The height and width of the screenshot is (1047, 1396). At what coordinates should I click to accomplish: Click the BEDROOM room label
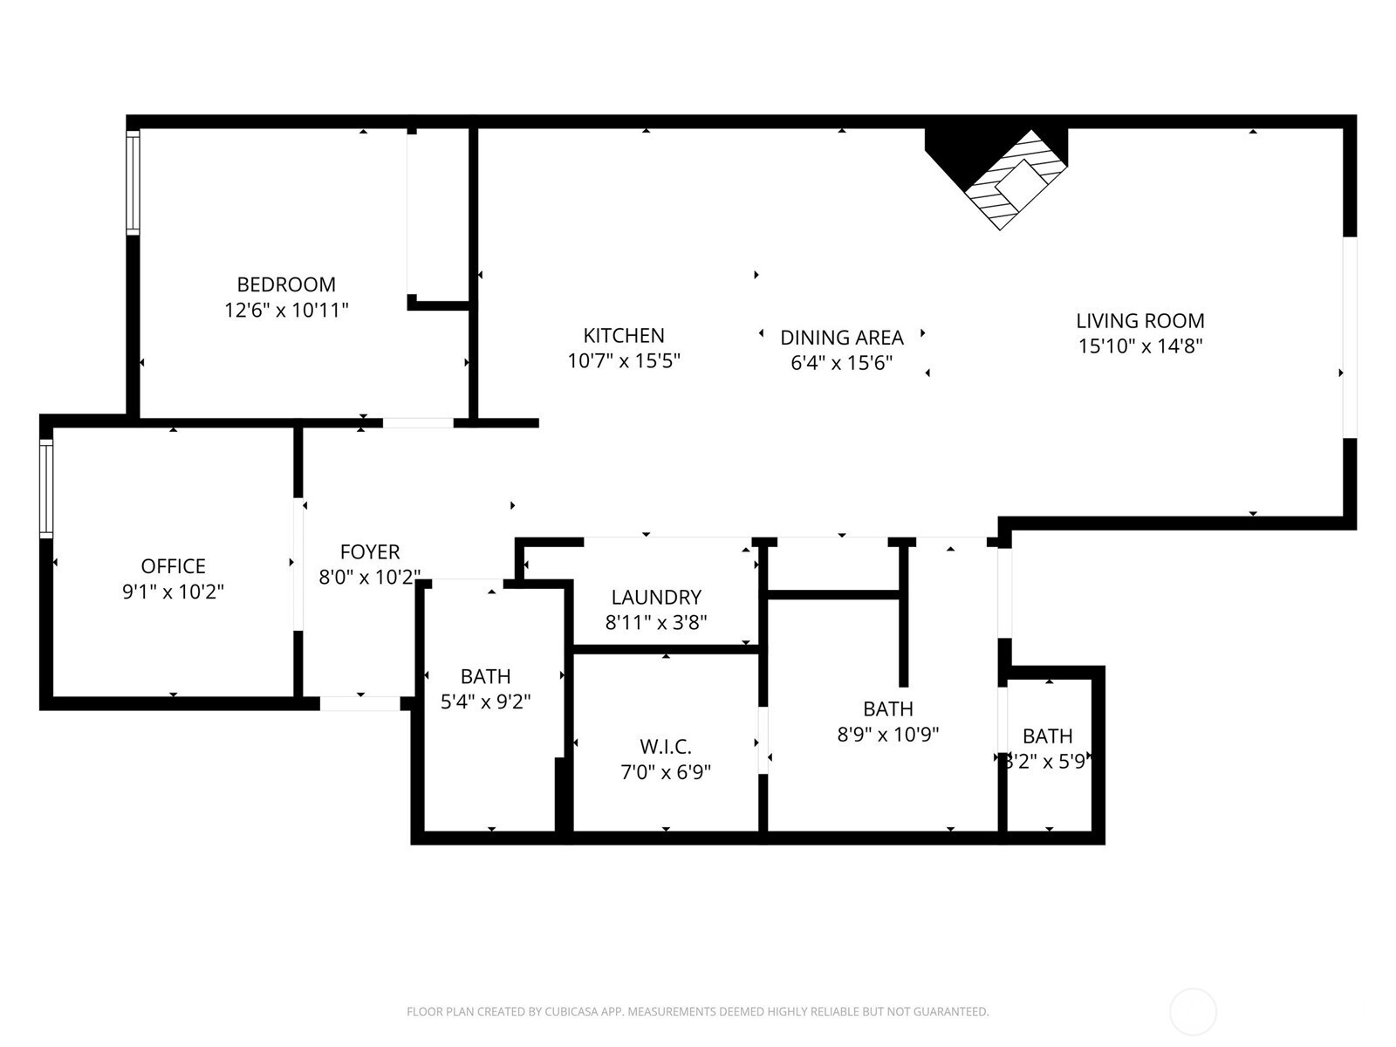[x=286, y=284]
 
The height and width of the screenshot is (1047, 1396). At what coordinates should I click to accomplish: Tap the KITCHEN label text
[x=624, y=336]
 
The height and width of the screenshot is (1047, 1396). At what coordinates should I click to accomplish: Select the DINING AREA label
[x=842, y=338]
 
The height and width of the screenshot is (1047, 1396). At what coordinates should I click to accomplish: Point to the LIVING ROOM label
[x=1140, y=320]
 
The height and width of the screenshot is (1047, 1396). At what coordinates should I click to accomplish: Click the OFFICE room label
[x=173, y=565]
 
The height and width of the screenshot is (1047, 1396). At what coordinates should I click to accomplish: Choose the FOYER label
[x=370, y=551]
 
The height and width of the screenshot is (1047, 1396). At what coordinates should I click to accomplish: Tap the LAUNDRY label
[x=656, y=597]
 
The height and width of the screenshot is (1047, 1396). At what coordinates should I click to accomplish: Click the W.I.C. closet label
[x=666, y=746]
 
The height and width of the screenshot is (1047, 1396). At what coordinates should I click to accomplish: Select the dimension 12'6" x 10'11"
[x=287, y=311]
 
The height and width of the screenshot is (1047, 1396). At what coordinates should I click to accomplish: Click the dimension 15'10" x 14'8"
[x=1140, y=346]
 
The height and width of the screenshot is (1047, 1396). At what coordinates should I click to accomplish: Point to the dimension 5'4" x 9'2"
[x=486, y=701]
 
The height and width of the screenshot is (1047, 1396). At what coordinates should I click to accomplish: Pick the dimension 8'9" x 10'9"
[x=888, y=735]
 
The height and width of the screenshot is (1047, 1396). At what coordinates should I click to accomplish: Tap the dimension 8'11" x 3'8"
[x=656, y=622]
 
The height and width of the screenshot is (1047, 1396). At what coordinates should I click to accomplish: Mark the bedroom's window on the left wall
[x=133, y=182]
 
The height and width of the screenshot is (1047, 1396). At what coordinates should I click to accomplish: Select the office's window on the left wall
[x=45, y=489]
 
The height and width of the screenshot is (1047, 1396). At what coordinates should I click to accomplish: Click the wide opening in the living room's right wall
[x=1350, y=338]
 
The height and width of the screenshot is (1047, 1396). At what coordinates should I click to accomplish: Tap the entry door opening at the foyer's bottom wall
[x=360, y=704]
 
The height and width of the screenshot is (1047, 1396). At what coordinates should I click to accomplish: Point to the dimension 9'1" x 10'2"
[x=173, y=592]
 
